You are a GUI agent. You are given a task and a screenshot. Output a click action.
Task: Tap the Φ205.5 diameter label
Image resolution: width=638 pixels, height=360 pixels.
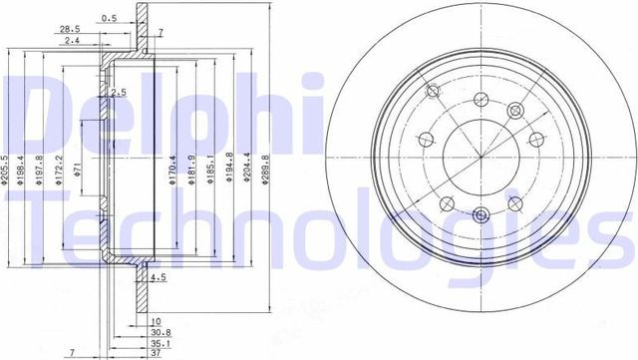[x=8, y=173]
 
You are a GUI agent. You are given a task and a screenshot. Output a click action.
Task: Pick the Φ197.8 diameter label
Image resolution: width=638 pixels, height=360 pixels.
[x=40, y=173]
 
